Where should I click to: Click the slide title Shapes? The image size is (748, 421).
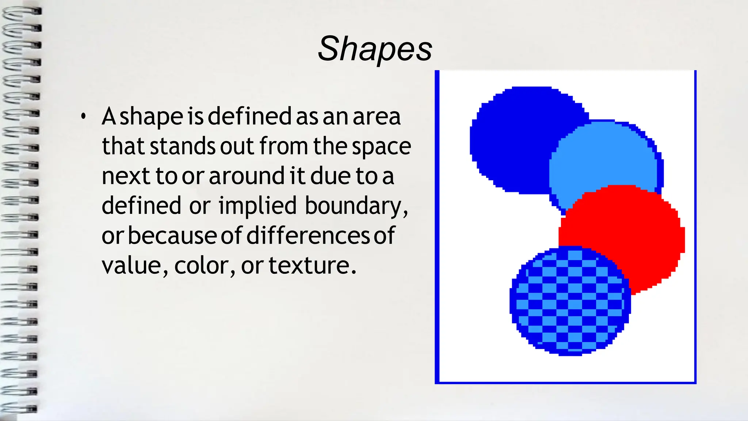[375, 49]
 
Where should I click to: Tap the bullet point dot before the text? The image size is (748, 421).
[84, 117]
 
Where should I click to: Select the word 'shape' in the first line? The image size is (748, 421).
[151, 117]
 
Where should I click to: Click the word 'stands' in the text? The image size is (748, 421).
[183, 146]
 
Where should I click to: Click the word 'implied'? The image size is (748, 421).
[257, 205]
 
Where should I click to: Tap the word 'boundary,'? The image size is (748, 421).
[356, 206]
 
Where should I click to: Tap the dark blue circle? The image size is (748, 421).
[511, 139]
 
